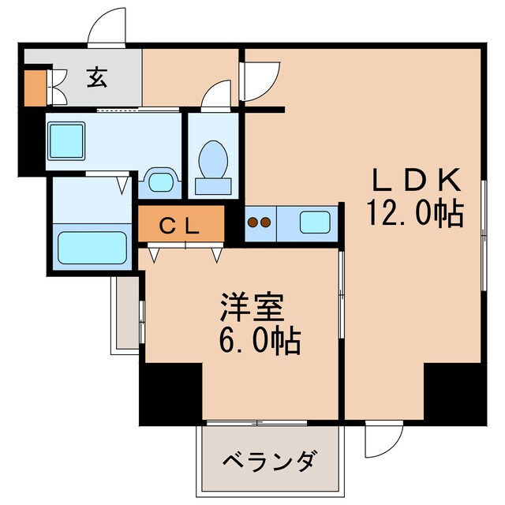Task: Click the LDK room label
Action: (416, 182)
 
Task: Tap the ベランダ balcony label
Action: (270, 461)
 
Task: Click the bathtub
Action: (92, 247)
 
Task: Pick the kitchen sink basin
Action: (315, 222)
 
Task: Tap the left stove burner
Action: (253, 223)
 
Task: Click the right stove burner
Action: (267, 223)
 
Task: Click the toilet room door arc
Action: (215, 94)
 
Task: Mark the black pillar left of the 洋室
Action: (170, 395)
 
